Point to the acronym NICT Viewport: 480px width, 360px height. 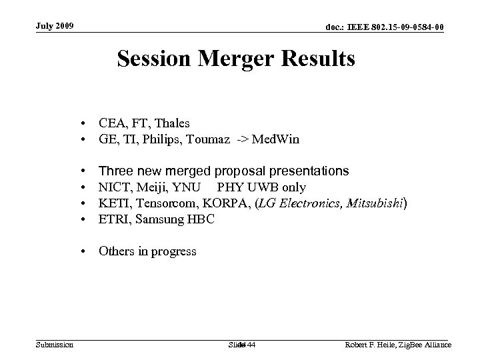[114, 187]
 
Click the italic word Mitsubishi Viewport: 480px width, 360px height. [372, 203]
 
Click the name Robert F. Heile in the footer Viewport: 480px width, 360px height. [374, 344]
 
